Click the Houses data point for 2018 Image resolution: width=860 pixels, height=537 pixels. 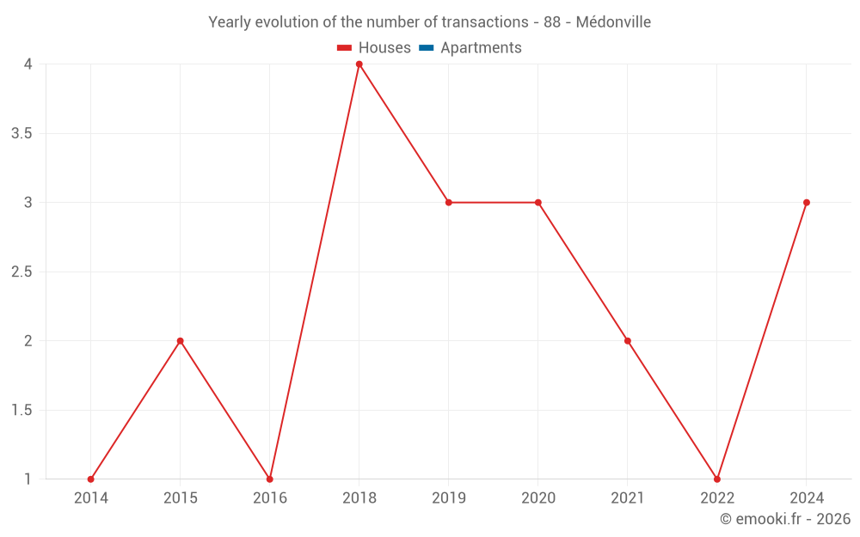[359, 64]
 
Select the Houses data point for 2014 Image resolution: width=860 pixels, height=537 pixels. [91, 479]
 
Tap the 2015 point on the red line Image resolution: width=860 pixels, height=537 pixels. [181, 341]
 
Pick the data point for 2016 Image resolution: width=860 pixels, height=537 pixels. [270, 479]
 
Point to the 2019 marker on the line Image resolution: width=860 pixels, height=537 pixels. [449, 203]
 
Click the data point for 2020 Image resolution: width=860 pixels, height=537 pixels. [538, 203]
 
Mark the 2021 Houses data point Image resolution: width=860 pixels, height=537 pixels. [628, 341]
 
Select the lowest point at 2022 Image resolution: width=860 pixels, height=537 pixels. [717, 479]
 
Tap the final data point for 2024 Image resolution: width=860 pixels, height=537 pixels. [807, 203]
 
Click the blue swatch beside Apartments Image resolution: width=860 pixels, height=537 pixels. [427, 48]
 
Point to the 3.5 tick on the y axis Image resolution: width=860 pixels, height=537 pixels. [22, 133]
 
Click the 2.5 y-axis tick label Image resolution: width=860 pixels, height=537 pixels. [22, 272]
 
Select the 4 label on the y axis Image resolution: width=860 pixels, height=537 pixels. [28, 64]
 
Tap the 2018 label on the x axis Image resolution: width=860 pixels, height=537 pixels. [359, 497]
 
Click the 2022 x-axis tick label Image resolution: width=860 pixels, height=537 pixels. [717, 497]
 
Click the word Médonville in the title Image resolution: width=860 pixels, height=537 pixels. [613, 21]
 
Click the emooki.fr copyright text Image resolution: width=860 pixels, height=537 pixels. [785, 519]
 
